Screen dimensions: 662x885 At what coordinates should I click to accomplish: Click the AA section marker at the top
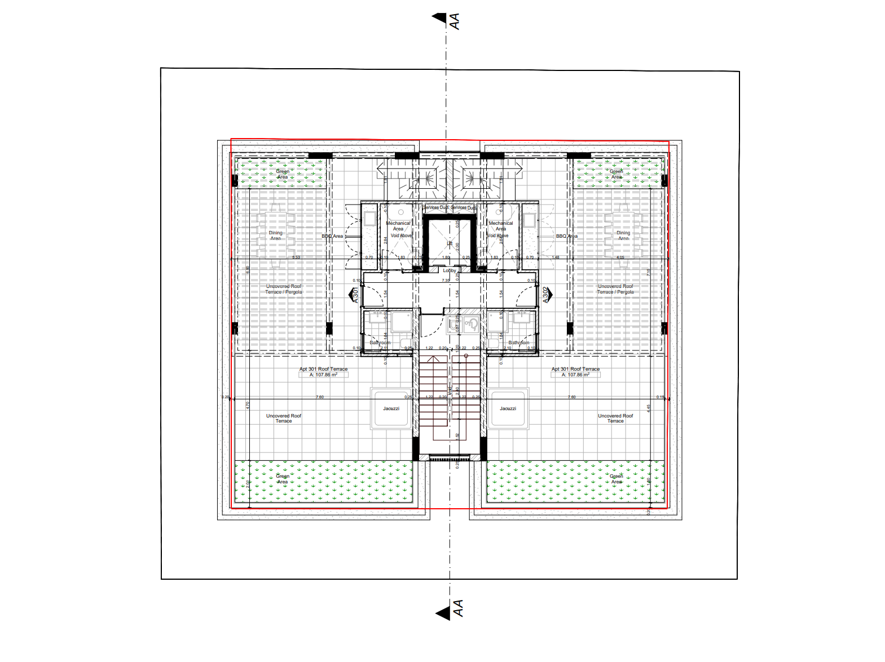click(447, 20)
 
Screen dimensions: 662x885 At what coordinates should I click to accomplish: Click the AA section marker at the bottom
click(451, 610)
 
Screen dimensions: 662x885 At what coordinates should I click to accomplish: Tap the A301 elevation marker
click(355, 295)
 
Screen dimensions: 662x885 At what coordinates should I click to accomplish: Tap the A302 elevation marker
click(546, 295)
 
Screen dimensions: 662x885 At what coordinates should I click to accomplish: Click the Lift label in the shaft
click(450, 244)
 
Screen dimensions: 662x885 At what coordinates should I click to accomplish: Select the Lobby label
click(450, 270)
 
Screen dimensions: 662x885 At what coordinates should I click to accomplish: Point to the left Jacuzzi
click(391, 408)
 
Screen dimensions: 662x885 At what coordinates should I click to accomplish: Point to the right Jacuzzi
click(508, 408)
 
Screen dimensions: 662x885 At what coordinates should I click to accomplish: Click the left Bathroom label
click(380, 343)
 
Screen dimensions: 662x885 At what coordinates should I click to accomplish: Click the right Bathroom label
click(519, 343)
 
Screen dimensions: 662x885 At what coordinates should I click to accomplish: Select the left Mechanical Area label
click(398, 226)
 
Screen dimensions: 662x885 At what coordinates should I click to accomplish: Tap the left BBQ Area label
click(332, 236)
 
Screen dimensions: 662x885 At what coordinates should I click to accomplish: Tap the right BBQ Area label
click(566, 236)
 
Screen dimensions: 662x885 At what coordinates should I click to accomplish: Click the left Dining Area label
click(275, 236)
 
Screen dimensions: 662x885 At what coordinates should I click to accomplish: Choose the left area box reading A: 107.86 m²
click(323, 375)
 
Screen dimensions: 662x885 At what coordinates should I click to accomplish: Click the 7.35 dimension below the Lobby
click(446, 280)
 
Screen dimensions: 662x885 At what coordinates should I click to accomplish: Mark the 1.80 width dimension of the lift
click(446, 257)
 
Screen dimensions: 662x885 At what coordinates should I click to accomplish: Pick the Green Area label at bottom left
click(283, 479)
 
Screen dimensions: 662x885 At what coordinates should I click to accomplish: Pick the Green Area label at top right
click(617, 174)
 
